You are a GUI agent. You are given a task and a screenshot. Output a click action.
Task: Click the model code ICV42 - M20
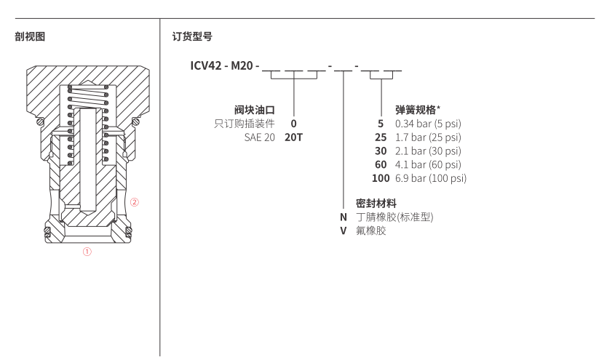click(x=223, y=68)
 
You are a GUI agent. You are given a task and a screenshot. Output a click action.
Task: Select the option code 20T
click(x=293, y=137)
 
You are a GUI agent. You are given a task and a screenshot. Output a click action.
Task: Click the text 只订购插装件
click(x=249, y=124)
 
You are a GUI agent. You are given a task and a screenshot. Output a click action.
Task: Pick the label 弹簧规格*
click(x=417, y=110)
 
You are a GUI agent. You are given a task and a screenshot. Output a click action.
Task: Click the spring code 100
click(x=381, y=178)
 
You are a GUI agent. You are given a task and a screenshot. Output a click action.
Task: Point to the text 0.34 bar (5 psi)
click(x=427, y=124)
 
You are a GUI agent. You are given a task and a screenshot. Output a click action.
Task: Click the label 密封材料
click(x=375, y=203)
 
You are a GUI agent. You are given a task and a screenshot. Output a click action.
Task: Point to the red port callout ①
click(x=87, y=253)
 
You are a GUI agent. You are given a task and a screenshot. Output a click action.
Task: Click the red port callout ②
click(x=134, y=202)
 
